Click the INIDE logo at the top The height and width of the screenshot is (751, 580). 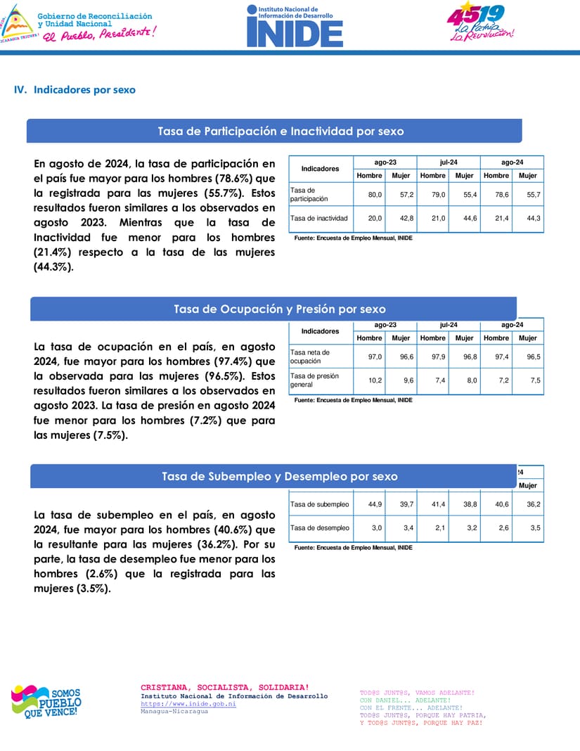tap(295, 26)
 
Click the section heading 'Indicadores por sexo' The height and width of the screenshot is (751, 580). tap(84, 90)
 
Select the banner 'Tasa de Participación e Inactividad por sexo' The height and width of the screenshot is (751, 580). tap(280, 131)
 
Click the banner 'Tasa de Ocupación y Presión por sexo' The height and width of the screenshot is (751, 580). tap(279, 309)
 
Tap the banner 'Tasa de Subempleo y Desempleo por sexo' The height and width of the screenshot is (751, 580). tap(279, 477)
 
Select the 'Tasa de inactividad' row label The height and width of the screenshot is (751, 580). tap(318, 219)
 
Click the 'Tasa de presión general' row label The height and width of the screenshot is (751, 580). tap(314, 380)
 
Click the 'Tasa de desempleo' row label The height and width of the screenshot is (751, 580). tap(319, 528)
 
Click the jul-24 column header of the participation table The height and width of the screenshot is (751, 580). tap(449, 162)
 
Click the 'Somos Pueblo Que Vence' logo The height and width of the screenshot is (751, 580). tap(46, 702)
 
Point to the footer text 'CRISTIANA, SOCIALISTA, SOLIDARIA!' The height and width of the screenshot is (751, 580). tap(224, 687)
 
